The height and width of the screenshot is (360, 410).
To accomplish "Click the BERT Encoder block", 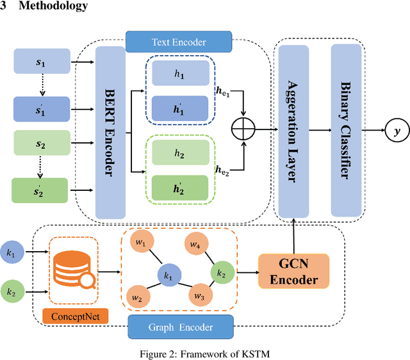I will coord(110,131).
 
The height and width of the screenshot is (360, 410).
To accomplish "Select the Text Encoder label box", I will coord(179,42).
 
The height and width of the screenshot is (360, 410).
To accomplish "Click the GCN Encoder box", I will coord(293,270).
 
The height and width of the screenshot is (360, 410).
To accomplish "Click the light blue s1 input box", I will coord(41,61).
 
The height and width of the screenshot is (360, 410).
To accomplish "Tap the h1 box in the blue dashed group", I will coord(180,76).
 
